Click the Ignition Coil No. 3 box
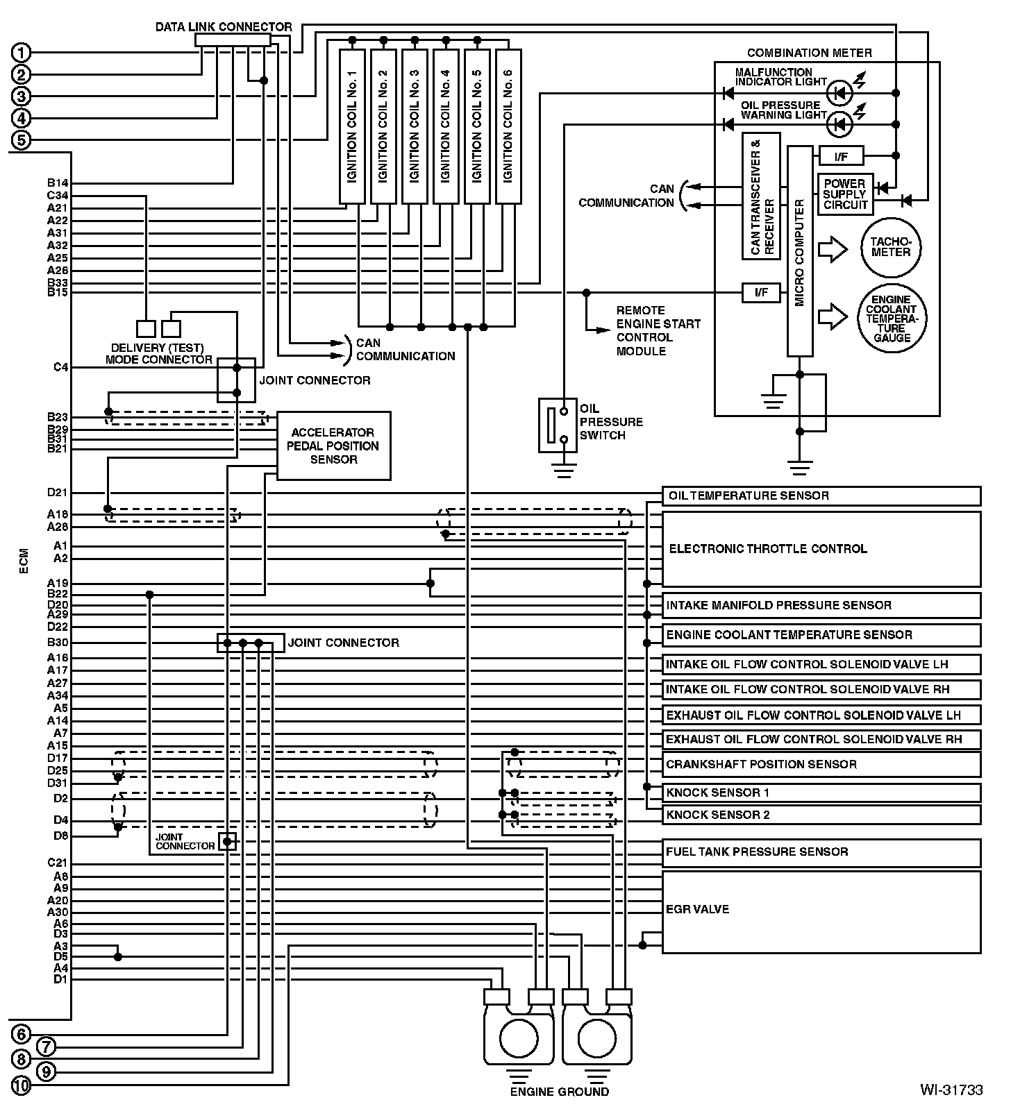[415, 126]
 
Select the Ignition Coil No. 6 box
[508, 126]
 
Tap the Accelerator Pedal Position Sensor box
[333, 446]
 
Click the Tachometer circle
[891, 248]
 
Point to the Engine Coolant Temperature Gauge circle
[891, 319]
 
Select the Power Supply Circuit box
[845, 194]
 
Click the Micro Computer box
[799, 251]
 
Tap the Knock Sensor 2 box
[821, 815]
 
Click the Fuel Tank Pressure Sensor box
[821, 852]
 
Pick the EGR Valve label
[697, 909]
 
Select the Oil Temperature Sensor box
[821, 496]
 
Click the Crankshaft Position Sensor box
[821, 765]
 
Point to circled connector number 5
[22, 140]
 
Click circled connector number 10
[22, 1085]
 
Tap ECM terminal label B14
[58, 183]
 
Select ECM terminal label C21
[58, 863]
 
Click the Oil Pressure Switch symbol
[558, 425]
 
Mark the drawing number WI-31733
[951, 1090]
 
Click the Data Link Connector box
[233, 40]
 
